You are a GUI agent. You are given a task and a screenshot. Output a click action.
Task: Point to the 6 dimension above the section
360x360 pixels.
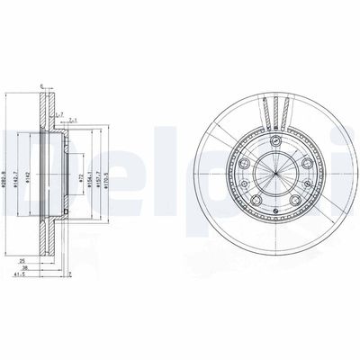click(x=41, y=86)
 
